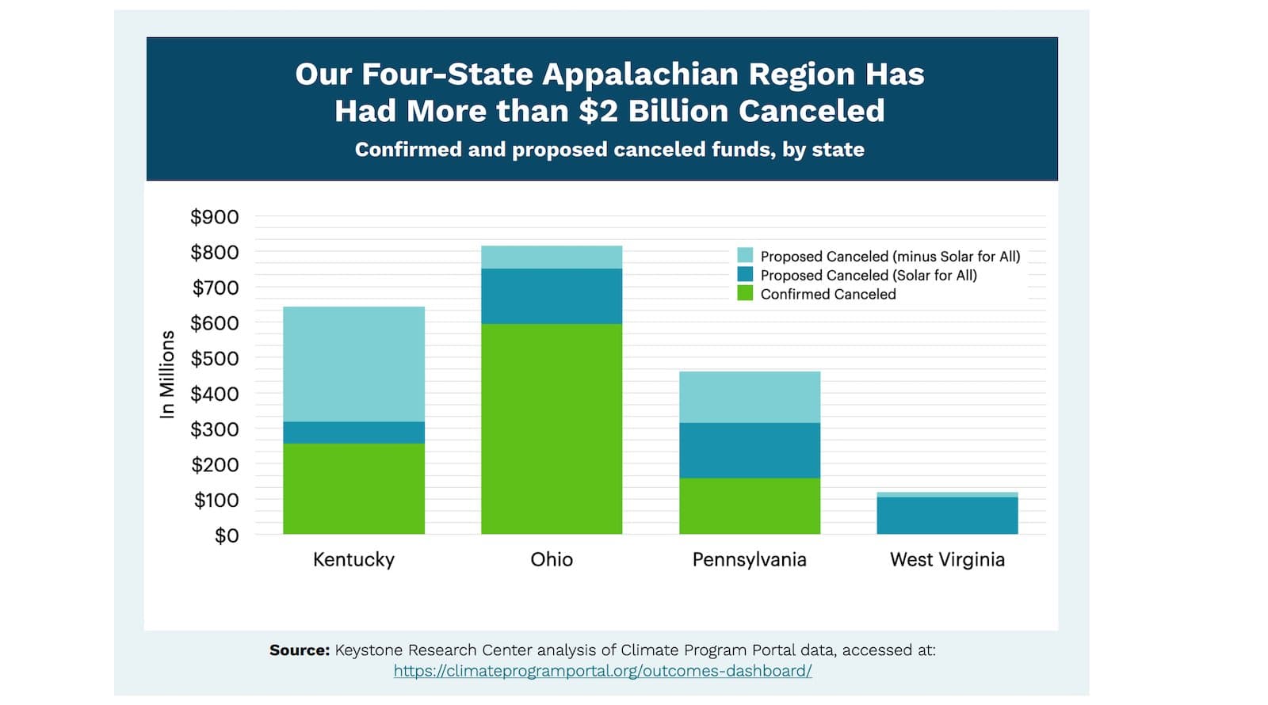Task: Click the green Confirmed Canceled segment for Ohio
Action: (x=552, y=429)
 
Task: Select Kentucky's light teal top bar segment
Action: (x=353, y=364)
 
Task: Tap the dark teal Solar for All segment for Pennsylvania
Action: (x=750, y=450)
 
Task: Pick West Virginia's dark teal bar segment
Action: (x=947, y=515)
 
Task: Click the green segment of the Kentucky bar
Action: (x=353, y=488)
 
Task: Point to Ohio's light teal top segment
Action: (x=552, y=257)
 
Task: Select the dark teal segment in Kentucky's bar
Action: (x=353, y=433)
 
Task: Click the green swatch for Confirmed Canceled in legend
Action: (x=745, y=293)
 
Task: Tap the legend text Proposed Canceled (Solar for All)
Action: (x=869, y=275)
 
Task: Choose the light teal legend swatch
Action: (x=745, y=255)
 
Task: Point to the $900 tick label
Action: (x=214, y=217)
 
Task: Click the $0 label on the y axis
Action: (x=226, y=535)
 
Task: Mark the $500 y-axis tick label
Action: (x=214, y=359)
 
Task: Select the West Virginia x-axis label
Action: (x=947, y=559)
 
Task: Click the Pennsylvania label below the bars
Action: (x=750, y=559)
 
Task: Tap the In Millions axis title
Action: (x=166, y=374)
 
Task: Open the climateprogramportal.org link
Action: (x=602, y=671)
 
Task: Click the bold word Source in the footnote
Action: (x=299, y=650)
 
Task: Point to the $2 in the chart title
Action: (x=598, y=111)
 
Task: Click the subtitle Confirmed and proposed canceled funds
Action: (x=609, y=150)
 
